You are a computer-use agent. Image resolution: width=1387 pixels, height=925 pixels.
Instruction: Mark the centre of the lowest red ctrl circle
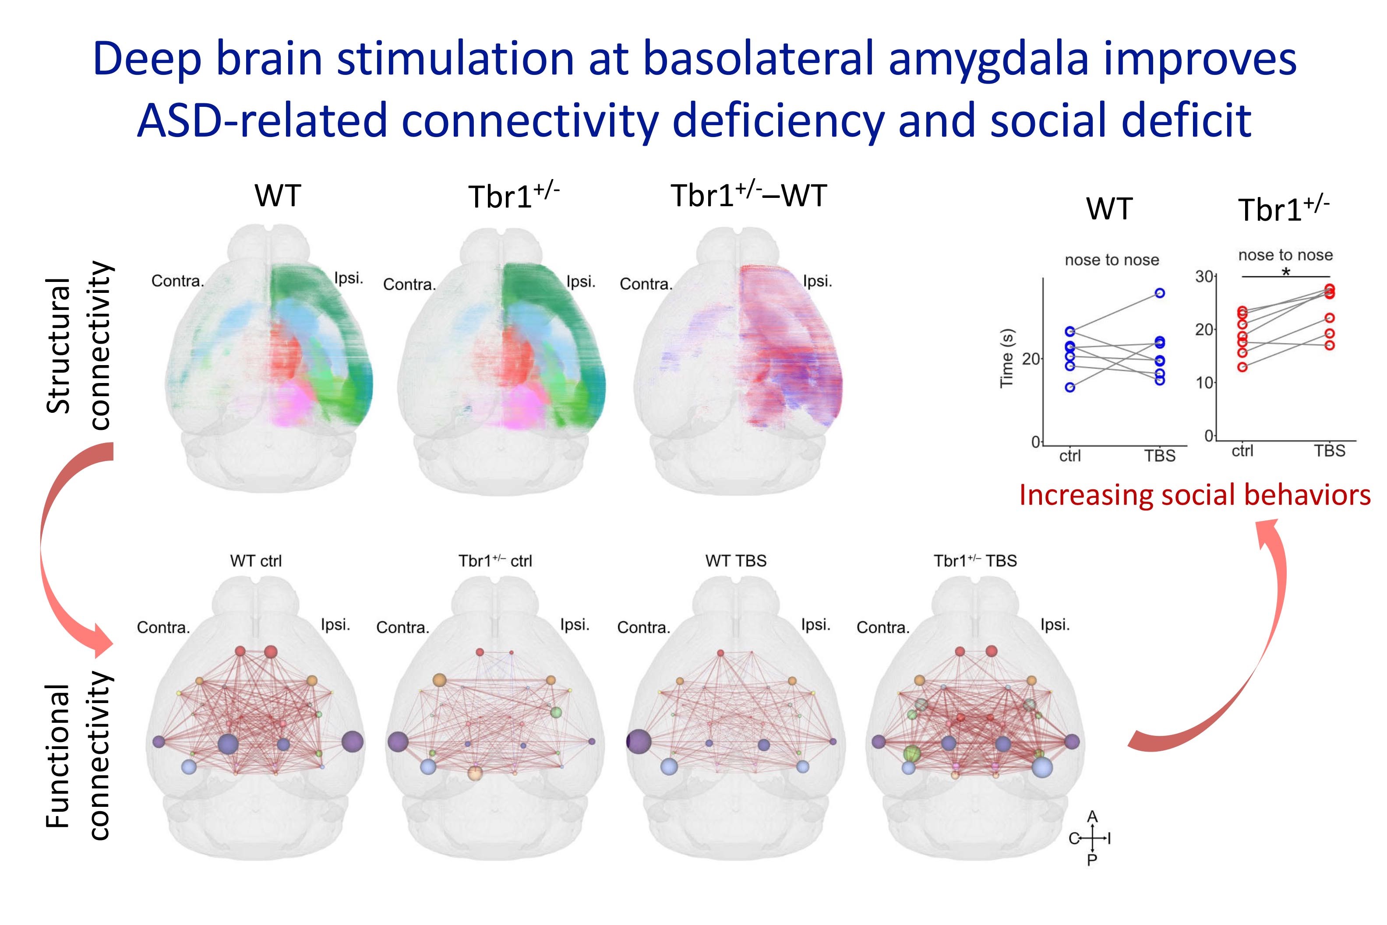click(1242, 367)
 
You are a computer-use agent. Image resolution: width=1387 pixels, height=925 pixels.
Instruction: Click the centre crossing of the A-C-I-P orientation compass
click(1093, 838)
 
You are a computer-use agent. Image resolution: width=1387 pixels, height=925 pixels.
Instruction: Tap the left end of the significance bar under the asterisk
click(1242, 277)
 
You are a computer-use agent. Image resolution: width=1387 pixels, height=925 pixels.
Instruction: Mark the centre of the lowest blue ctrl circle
click(1070, 387)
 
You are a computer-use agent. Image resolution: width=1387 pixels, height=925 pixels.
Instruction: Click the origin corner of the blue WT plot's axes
click(1044, 445)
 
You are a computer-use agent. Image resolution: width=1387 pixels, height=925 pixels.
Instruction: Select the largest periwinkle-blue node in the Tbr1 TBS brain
click(1042, 767)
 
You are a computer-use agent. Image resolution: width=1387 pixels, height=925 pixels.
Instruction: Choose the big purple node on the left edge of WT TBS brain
click(639, 742)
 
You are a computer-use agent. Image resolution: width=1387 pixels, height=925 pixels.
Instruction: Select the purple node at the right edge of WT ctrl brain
click(353, 742)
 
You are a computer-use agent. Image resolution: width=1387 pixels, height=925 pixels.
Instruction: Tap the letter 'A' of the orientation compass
click(1093, 817)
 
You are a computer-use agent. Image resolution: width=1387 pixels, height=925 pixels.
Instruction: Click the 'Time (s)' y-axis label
click(1006, 358)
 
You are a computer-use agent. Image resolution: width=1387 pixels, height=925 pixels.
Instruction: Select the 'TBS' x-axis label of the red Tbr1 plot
click(1330, 451)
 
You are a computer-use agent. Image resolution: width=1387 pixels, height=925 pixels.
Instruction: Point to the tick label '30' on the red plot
click(1204, 277)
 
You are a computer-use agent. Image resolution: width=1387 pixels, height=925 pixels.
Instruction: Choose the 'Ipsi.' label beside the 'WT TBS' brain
click(815, 625)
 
